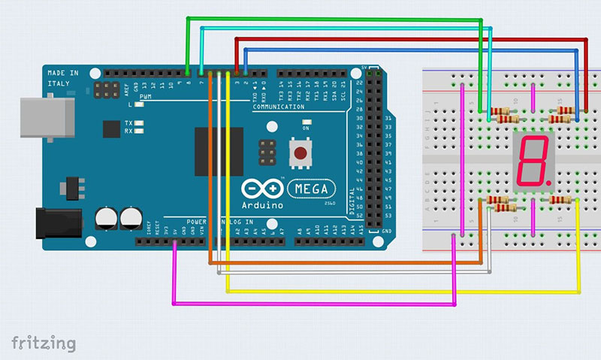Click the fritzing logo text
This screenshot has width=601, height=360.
click(44, 343)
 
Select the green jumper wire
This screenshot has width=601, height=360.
click(331, 18)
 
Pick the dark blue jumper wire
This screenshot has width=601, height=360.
click(413, 50)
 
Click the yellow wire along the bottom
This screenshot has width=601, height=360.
click(406, 289)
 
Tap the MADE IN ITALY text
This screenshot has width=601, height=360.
click(63, 77)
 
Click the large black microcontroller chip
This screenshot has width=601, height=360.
click(219, 150)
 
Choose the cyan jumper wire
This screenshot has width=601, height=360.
click(346, 29)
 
